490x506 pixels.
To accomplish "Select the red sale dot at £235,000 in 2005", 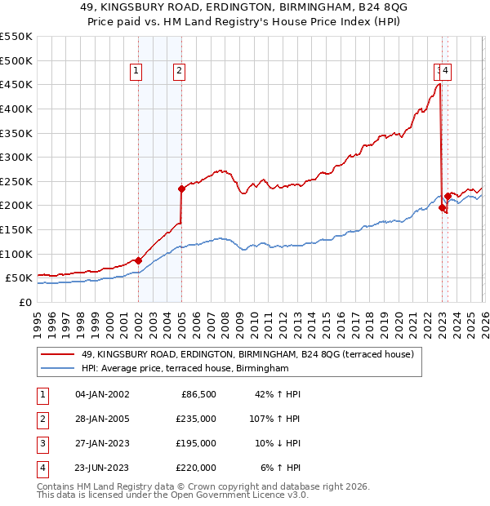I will coord(181,189).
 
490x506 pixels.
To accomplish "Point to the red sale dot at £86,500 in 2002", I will coord(138,260).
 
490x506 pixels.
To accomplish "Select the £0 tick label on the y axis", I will coord(24,302).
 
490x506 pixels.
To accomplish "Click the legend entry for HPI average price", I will coord(185,369).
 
